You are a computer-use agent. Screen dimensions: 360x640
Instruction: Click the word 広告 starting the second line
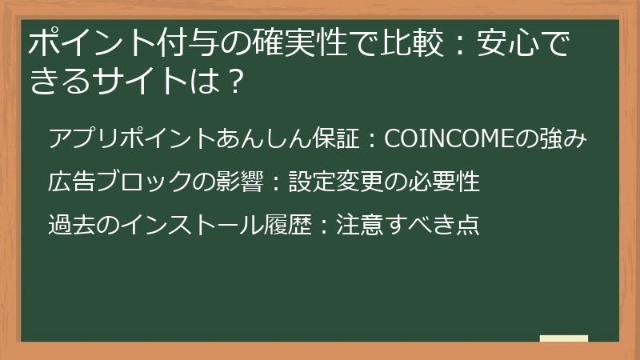click(71, 181)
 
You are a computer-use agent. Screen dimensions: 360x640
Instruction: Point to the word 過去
click(71, 224)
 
